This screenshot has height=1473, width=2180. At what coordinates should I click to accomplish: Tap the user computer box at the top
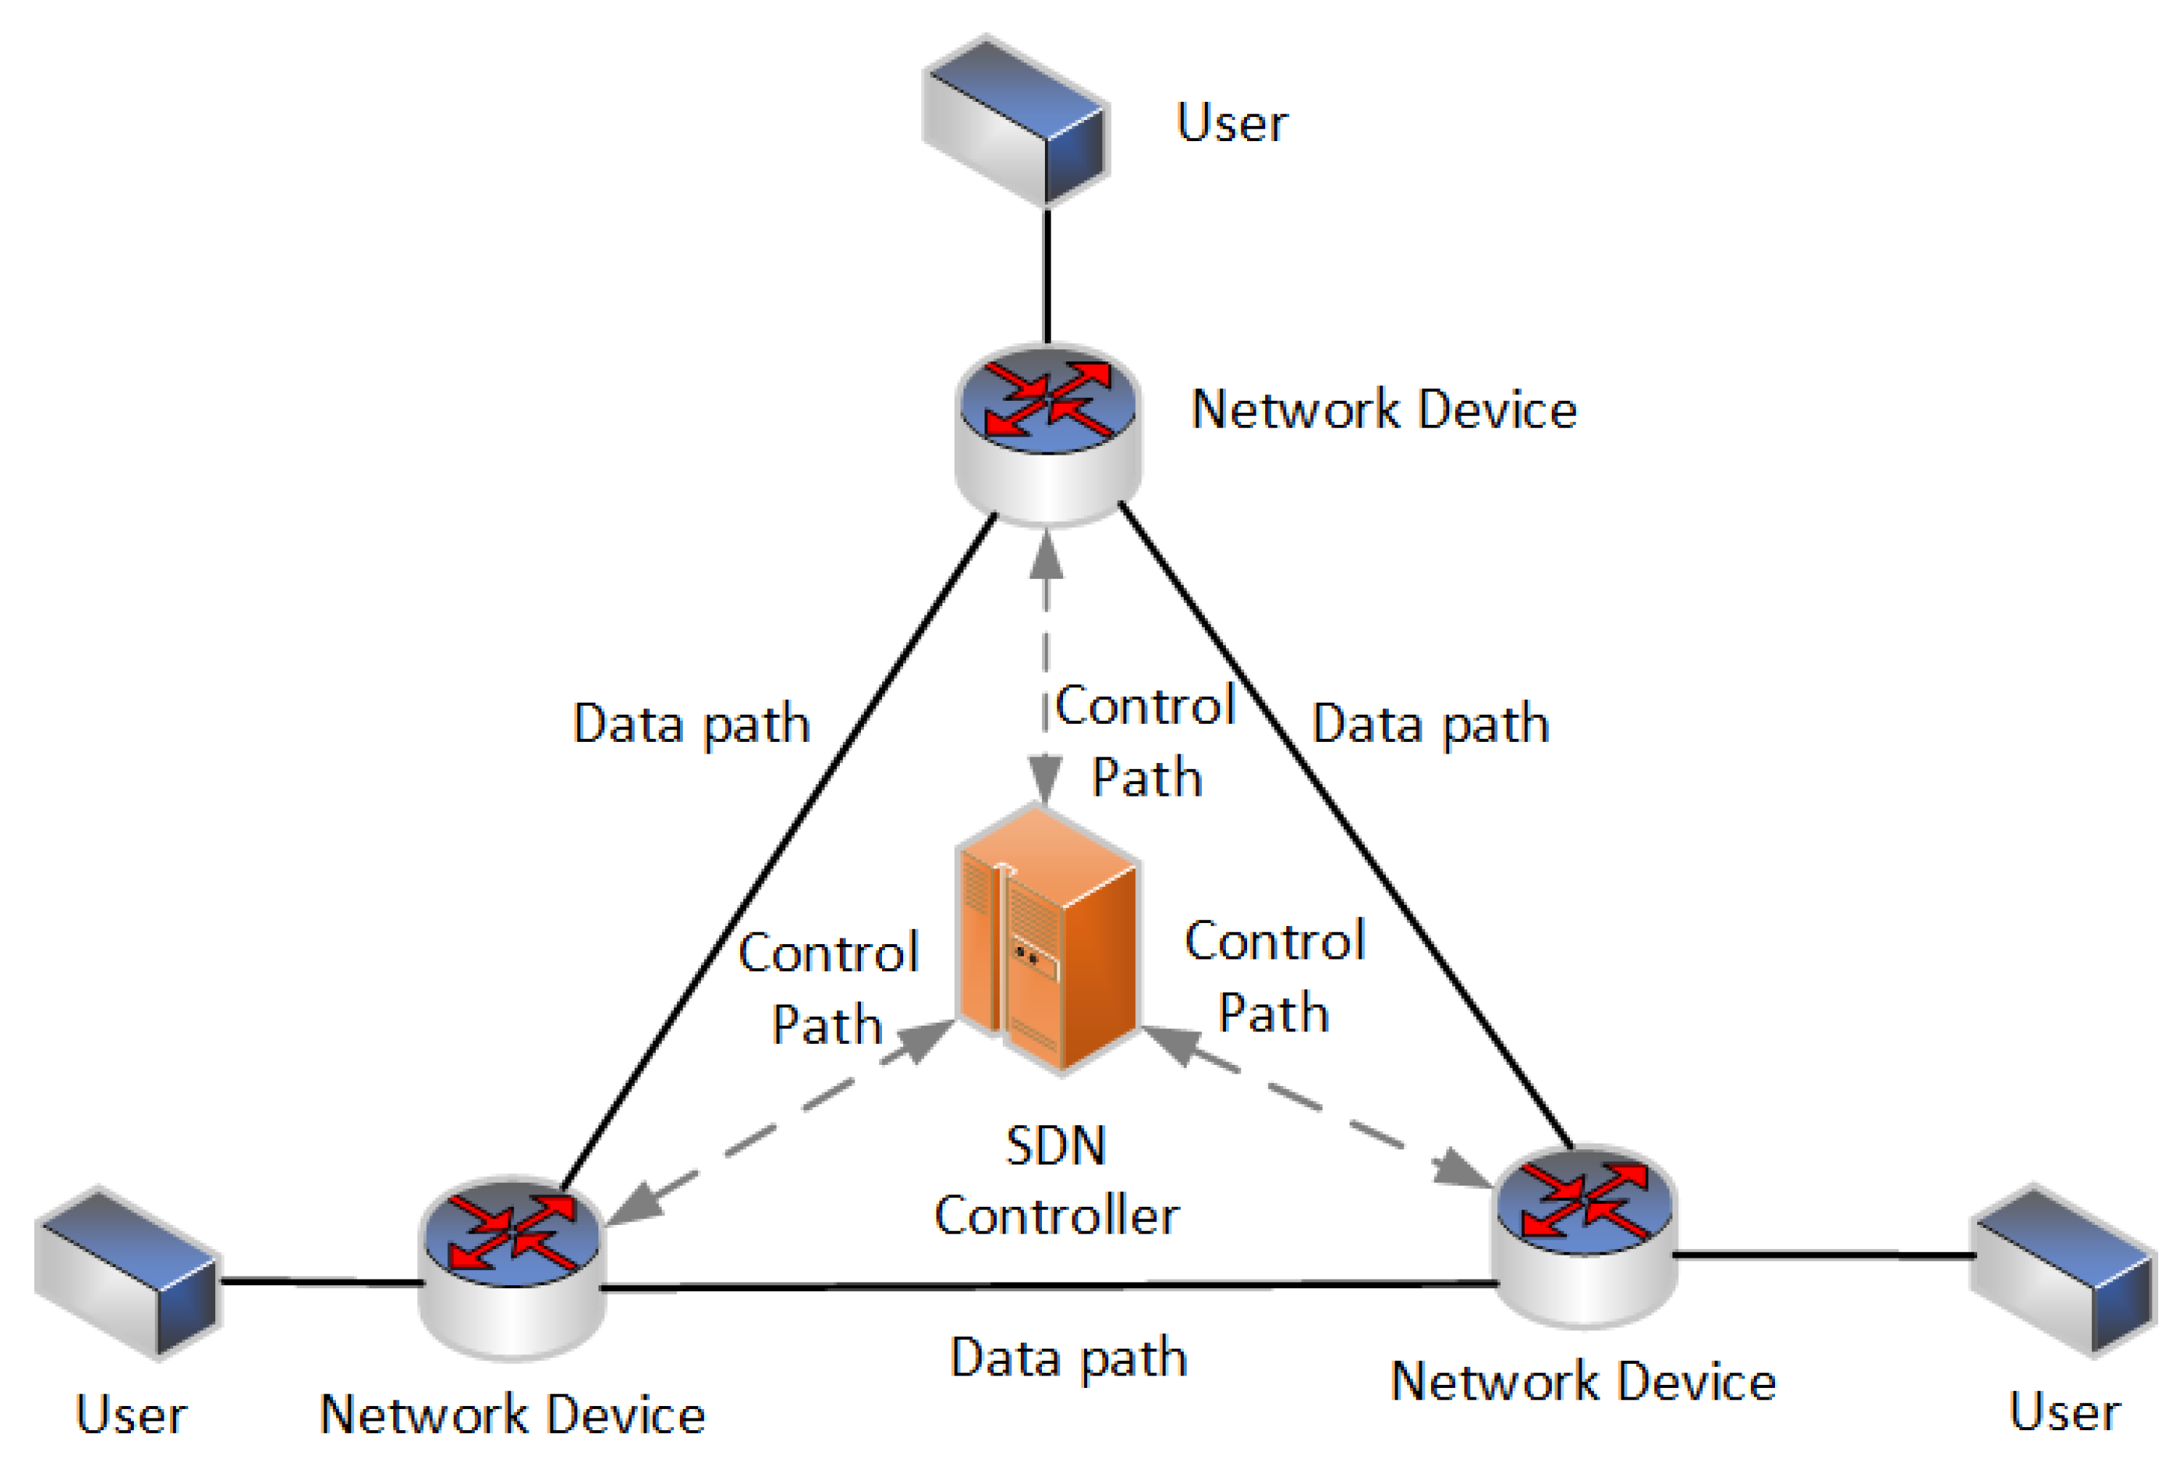(1017, 122)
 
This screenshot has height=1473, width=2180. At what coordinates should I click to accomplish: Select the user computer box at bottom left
(129, 1272)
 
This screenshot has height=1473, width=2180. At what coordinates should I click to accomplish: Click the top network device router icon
(1048, 434)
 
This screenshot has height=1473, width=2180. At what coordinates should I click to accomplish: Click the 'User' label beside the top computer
(1232, 123)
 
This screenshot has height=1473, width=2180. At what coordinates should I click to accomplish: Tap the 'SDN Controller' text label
(1057, 1181)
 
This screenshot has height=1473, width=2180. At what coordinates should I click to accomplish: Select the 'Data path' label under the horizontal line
(1068, 1357)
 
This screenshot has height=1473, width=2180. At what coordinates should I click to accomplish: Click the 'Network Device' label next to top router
(1384, 410)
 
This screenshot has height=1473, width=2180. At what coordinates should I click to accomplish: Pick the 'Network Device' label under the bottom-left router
(512, 1415)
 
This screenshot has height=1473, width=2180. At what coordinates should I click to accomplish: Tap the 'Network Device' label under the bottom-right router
(1584, 1382)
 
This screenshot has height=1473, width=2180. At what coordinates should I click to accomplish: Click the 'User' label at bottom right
(2064, 1412)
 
